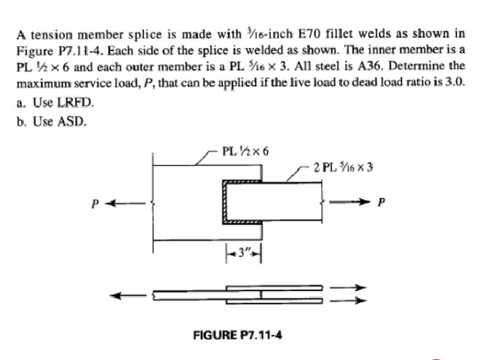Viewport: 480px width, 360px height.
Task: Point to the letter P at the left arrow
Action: (x=96, y=201)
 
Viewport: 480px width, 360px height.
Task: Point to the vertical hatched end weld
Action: (x=223, y=201)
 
